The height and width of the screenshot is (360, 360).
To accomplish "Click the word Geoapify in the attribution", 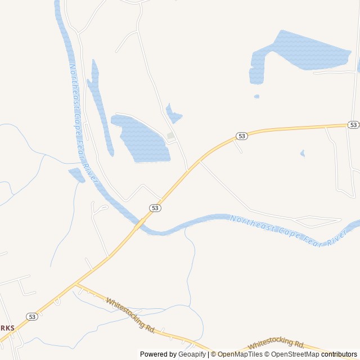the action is [x=192, y=354].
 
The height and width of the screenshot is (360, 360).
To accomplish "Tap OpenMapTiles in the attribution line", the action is [x=240, y=354].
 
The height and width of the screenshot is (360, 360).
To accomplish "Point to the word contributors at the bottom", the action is [x=339, y=354].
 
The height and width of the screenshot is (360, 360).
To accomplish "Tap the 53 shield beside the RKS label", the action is [x=32, y=317].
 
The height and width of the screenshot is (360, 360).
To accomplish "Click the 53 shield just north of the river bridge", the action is [x=155, y=208].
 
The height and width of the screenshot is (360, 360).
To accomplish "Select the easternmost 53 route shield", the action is [x=353, y=124].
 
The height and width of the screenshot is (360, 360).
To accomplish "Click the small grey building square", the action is [x=170, y=136].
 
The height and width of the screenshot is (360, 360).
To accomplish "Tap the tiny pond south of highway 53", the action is [x=303, y=153].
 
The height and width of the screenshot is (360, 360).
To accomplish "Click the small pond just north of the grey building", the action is [x=173, y=115].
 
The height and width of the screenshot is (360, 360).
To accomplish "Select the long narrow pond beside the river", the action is [x=100, y=107].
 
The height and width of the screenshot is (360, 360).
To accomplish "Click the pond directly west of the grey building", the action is [x=142, y=138].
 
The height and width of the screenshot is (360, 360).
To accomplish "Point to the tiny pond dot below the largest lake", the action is [x=256, y=96].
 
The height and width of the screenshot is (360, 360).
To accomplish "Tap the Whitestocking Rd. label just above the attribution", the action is [x=276, y=344].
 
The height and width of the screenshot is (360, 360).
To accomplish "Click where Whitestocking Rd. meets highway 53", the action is [x=76, y=285].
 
